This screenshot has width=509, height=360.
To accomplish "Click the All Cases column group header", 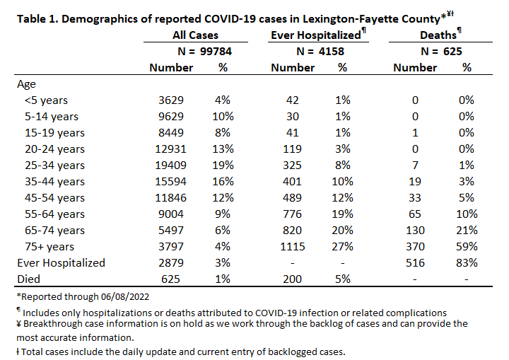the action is [195, 35].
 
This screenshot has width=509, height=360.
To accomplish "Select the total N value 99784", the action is [216, 52].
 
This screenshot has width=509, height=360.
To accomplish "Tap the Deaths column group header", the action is [438, 35].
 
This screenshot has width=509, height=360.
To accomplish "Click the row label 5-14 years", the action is [52, 116].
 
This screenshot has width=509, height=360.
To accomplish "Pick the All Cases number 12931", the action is [171, 149].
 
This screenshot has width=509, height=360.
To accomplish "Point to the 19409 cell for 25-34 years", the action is [171, 165].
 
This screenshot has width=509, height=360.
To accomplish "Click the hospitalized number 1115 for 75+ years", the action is [293, 246].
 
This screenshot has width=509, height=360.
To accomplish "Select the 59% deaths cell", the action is [467, 246].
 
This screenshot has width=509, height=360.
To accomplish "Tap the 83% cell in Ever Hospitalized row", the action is [467, 262].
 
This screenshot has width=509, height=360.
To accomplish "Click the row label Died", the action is [28, 279].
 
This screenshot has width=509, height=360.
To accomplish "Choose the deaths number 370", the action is [415, 246].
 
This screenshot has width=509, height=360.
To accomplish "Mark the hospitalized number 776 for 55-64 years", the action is [292, 214].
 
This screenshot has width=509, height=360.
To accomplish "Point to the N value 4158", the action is [331, 52].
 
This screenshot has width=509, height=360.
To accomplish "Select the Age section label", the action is [26, 84].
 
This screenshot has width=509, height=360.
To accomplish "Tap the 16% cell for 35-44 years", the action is [223, 181].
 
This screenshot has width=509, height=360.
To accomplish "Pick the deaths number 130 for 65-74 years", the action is [415, 230].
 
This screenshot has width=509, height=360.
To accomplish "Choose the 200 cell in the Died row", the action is [292, 279].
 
